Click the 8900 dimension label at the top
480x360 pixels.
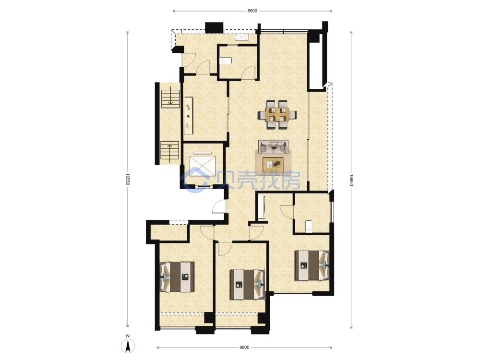coord(252,11)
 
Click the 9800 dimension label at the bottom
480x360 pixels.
coord(244,348)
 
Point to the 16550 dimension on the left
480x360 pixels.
coord(128,180)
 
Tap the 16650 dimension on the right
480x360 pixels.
coord(351,180)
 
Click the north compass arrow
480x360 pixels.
coord(128,346)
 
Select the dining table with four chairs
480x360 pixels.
coord(277,115)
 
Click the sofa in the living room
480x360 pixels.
coord(273,147)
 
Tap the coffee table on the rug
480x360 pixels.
coord(273,164)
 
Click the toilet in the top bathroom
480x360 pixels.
coord(225,60)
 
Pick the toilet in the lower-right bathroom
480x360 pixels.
coord(309,227)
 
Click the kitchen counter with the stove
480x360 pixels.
coord(188,116)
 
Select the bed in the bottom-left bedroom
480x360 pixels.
coord(177,277)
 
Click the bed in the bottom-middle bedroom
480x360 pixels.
coord(247,284)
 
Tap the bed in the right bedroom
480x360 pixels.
coord(312,265)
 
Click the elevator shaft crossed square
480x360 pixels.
coord(203,167)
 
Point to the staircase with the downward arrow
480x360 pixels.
coord(170,97)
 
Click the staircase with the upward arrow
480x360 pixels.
coord(169,152)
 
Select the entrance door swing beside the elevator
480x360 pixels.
coord(219,206)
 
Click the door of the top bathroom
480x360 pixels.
coord(248,72)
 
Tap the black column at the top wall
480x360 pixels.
coord(214,27)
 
